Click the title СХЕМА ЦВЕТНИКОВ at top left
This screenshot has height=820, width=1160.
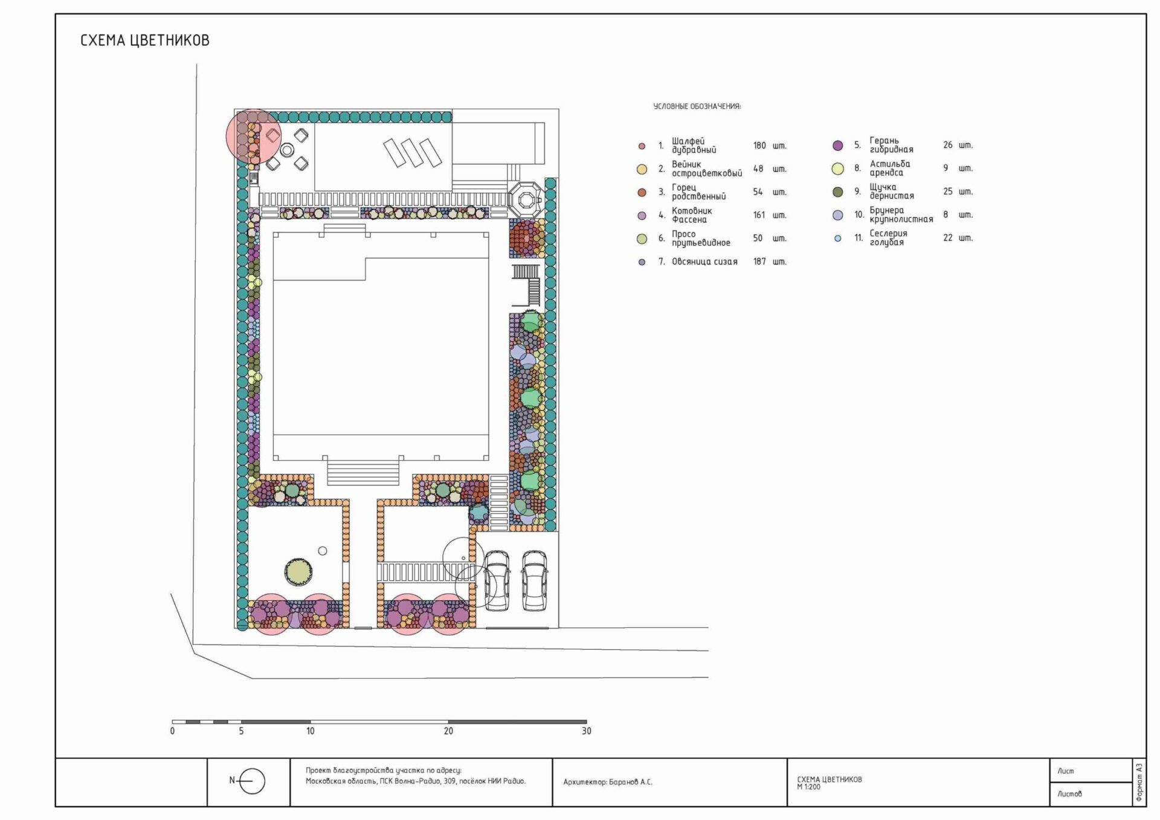tap(145, 40)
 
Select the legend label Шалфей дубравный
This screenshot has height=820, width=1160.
tap(694, 146)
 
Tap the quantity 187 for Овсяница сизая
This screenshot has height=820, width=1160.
tap(759, 261)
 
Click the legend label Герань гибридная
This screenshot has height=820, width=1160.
tap(891, 145)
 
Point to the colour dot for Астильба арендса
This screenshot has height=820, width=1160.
tap(837, 168)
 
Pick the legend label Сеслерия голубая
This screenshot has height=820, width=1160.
tap(888, 238)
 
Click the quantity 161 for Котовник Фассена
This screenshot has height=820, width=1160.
tap(759, 215)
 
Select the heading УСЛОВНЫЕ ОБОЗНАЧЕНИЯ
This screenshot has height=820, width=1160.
tap(697, 106)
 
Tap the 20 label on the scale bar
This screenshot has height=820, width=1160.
tap(448, 731)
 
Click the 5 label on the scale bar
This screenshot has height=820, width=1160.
tap(241, 731)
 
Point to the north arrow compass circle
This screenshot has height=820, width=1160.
tap(252, 781)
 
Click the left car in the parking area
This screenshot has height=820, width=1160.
tap(497, 580)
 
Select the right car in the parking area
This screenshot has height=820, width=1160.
tap(535, 580)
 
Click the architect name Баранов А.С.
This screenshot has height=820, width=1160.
tap(631, 782)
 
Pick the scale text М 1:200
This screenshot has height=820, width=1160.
tap(809, 787)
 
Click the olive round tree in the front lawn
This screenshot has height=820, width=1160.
tap(298, 571)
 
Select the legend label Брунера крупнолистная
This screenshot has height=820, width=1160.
tap(901, 215)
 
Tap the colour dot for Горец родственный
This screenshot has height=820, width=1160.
tap(642, 193)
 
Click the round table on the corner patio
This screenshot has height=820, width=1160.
tap(287, 149)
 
